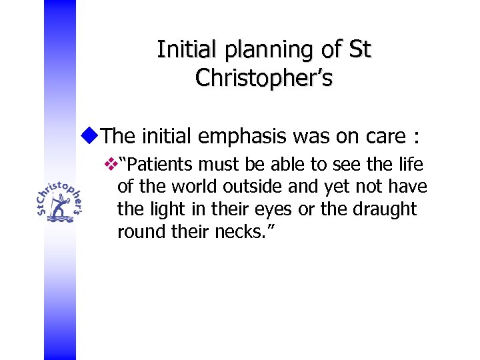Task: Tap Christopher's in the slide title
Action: pos(264,78)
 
